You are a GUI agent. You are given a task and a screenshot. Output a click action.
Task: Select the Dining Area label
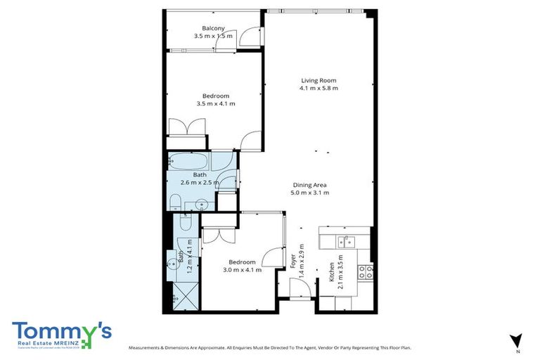point(311,185)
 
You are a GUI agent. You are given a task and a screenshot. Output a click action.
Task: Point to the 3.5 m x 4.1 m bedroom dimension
point(216,103)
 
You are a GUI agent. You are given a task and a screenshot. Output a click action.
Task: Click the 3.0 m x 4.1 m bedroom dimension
point(242,269)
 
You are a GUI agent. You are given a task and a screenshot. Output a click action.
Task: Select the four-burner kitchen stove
point(364,271)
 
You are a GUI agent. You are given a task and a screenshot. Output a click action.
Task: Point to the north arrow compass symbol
point(517,341)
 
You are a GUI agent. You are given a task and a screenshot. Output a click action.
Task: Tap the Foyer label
point(292,262)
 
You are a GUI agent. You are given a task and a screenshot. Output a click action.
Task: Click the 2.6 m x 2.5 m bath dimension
point(200,182)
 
